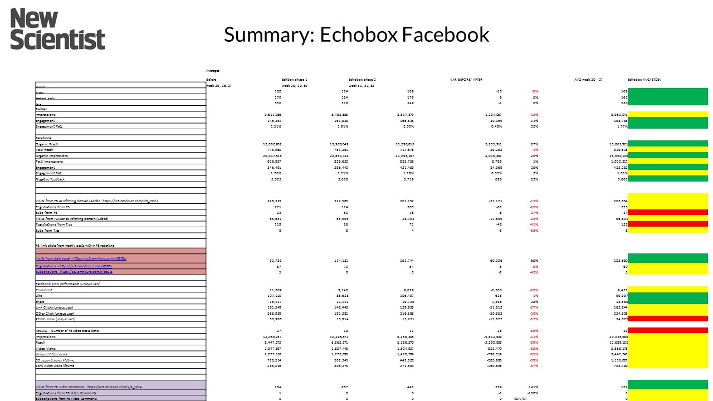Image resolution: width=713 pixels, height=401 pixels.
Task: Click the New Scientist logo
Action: (58, 29)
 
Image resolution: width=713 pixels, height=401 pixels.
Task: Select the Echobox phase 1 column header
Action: (295, 80)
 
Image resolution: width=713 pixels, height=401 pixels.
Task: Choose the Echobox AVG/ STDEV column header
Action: (652, 80)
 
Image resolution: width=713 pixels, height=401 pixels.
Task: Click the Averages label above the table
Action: (213, 71)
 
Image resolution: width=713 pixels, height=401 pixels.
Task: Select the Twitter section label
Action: (42, 109)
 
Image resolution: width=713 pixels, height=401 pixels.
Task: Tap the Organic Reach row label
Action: (47, 144)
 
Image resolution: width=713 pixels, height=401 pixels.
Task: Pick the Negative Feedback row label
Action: (50, 179)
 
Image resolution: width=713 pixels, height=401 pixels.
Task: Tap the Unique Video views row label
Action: (52, 354)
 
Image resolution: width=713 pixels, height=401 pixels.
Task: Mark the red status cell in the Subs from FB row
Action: (668, 212)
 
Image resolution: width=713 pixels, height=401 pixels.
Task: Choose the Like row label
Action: (38, 295)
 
